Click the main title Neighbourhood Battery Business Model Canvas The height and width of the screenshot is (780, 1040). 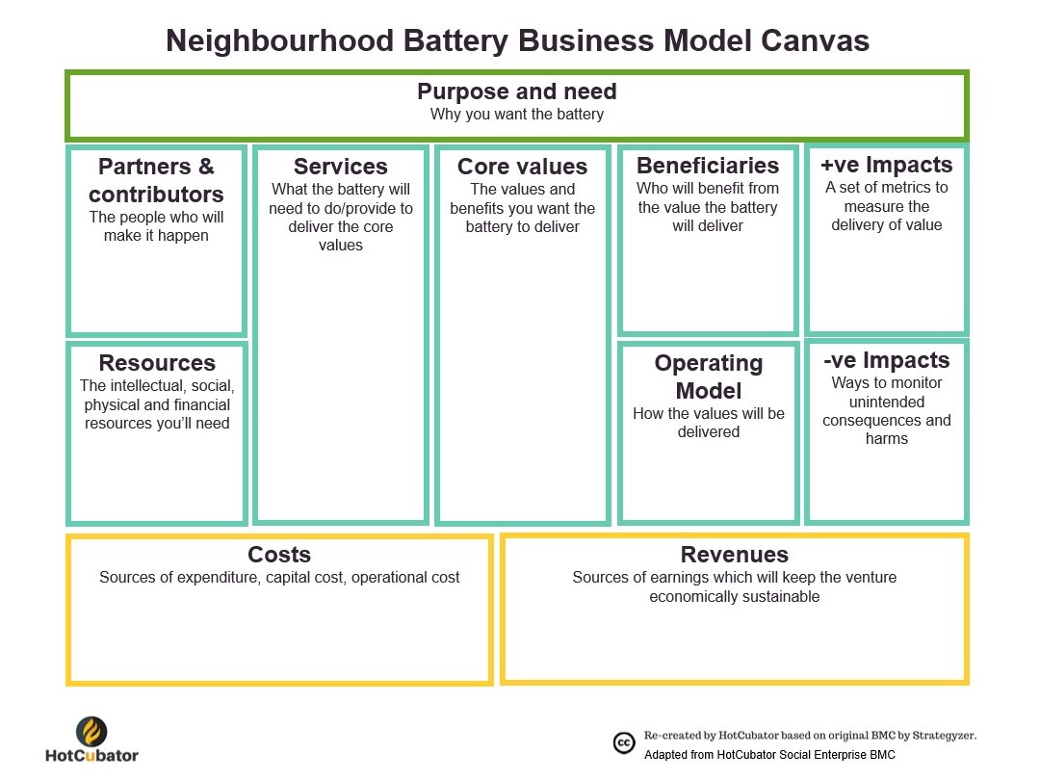coord(517,40)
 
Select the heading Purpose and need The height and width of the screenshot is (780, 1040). coord(517,91)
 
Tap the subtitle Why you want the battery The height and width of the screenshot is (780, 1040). coord(517,115)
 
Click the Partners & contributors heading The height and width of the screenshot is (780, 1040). coord(156,180)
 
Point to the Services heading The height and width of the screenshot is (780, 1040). coord(341,167)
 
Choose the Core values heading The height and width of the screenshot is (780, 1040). coord(522,167)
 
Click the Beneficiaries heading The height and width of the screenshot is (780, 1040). coord(708,166)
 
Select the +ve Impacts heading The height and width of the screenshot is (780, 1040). coord(886,165)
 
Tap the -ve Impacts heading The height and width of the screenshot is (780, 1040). coord(886,360)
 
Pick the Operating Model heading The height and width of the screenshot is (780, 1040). coord(708,377)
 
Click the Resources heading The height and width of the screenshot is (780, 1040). coord(157,363)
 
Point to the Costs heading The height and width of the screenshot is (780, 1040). coord(279,555)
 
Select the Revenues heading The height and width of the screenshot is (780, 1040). coord(734,555)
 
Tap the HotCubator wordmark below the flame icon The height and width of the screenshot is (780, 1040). coord(91,756)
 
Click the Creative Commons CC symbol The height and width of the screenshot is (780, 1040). coord(624,742)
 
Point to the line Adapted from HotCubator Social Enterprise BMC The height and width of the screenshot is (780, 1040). coord(769,755)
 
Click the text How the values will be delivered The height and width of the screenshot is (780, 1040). coord(708,423)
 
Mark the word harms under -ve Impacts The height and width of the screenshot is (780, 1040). coord(886,439)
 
